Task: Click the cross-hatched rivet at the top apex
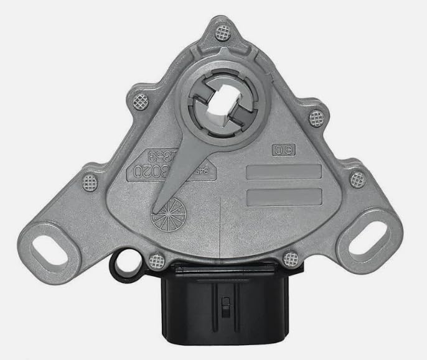[221, 32]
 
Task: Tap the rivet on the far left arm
[90, 182]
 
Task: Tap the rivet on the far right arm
[357, 180]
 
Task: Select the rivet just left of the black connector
[158, 256]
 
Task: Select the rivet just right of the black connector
[289, 257]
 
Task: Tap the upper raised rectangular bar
[284, 172]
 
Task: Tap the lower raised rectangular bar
[284, 197]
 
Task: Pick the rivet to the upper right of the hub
[316, 116]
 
